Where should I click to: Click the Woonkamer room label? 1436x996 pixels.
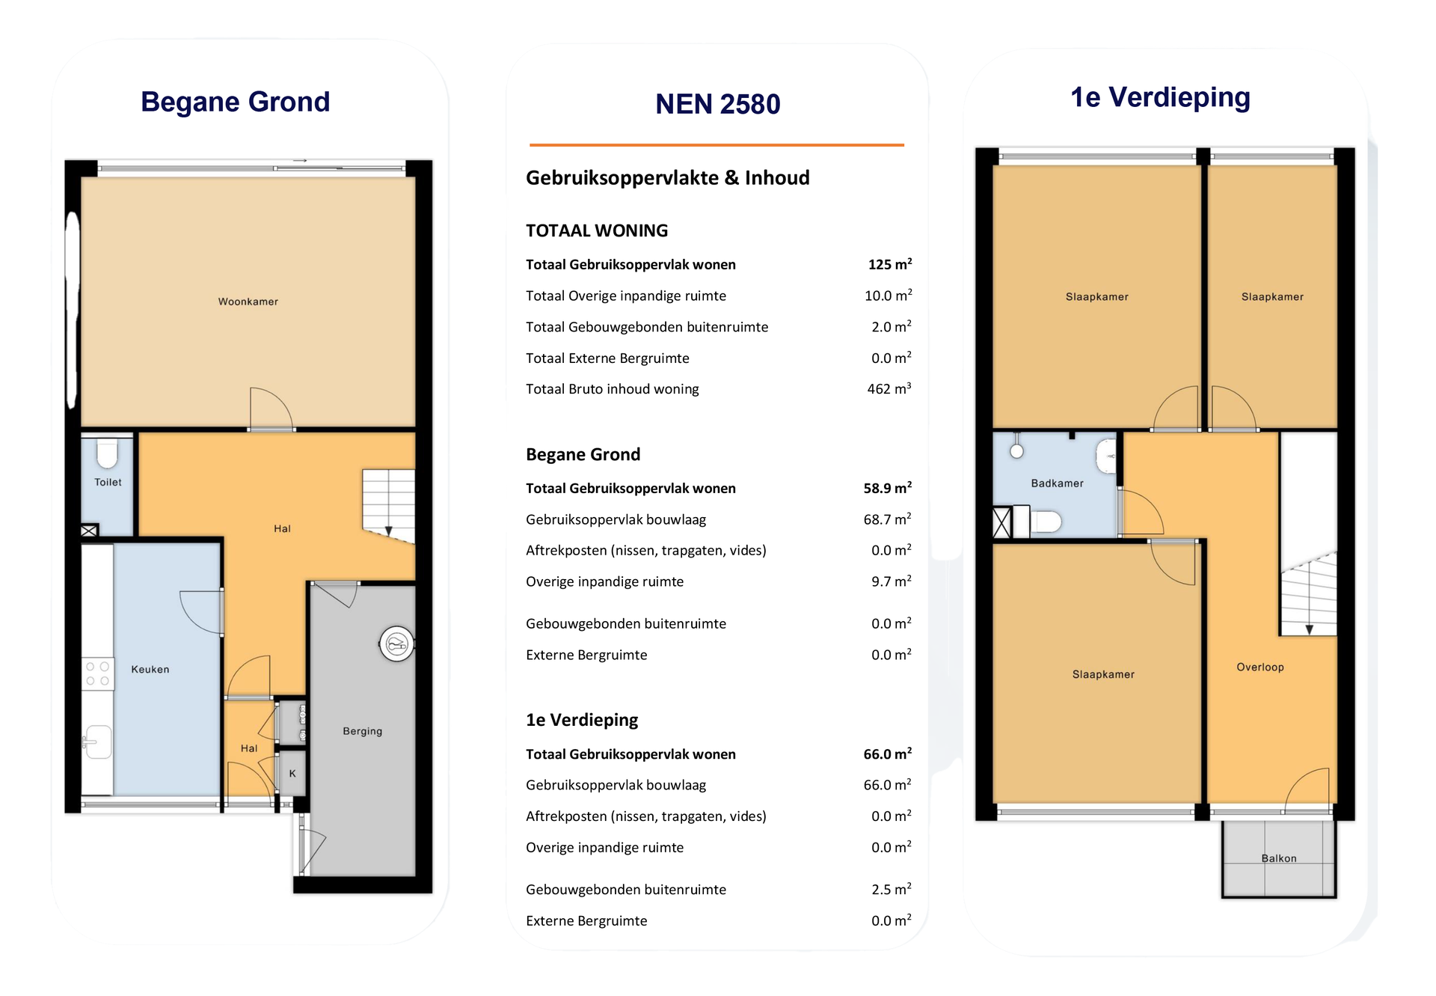point(248,302)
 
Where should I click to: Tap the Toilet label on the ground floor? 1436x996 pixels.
point(108,483)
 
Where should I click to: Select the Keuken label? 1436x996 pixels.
point(150,670)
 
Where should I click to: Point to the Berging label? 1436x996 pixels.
point(363,731)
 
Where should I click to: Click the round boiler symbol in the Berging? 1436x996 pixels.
point(396,644)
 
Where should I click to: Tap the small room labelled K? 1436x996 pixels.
point(292,773)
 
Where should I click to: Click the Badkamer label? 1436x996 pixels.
point(1057,483)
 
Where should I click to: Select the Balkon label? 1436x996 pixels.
point(1279,858)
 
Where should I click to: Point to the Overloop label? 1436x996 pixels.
point(1260,667)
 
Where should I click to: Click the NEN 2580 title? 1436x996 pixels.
point(718,104)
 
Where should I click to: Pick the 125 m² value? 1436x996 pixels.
point(890,264)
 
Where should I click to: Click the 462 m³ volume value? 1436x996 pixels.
point(889,389)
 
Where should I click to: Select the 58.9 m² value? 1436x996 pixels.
point(888,488)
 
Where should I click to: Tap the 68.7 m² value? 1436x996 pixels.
point(888,519)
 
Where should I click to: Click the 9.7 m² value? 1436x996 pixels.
point(892,581)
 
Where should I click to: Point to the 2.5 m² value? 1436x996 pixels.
point(892,889)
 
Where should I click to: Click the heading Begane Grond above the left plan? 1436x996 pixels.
point(236,102)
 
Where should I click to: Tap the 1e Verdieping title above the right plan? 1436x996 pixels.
point(1160,97)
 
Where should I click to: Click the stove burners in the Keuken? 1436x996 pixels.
point(97,673)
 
